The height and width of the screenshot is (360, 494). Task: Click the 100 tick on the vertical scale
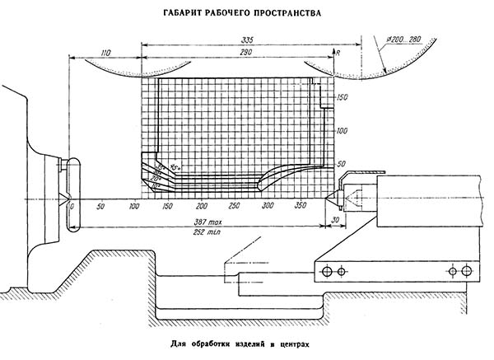tap(343, 131)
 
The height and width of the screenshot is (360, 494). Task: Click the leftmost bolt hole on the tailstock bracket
tap(329, 270)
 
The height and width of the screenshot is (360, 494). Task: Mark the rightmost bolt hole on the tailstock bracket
tap(467, 270)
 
